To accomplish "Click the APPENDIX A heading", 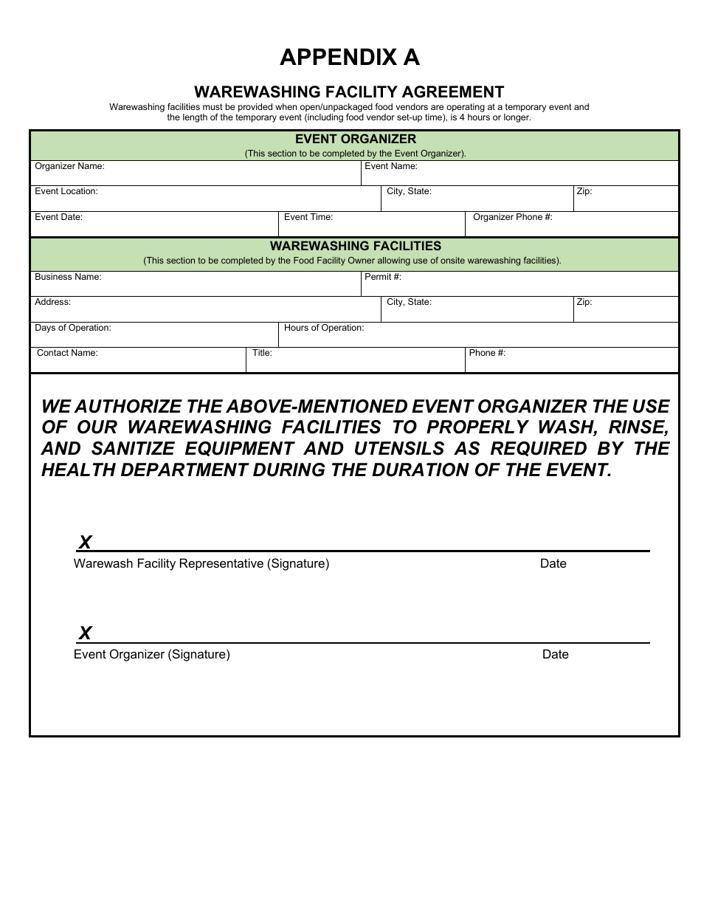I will pos(349,58).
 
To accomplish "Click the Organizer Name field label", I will pos(69,167).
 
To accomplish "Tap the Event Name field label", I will pos(391,167).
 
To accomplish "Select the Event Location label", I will pos(66,192).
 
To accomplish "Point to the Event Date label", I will pos(59,218).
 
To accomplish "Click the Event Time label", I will pos(308,218).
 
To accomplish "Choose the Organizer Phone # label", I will pos(512,218).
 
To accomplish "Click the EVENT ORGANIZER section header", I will pos(355,140).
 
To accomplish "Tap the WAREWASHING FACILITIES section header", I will pos(355,246).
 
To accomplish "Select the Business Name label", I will pos(68,278).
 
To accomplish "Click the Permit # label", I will pos(383,278).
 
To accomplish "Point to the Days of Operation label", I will pos(73,328).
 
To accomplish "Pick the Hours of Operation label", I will pos(324,328).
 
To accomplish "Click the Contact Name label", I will pos(67,353).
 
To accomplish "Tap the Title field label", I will pos(262,353).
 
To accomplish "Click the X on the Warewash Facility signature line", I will pos(85,543).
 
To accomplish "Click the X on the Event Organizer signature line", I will pos(85,633).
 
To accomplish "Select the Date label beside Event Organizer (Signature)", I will pos(555,655).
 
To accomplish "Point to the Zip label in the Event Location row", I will pos(584,192).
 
